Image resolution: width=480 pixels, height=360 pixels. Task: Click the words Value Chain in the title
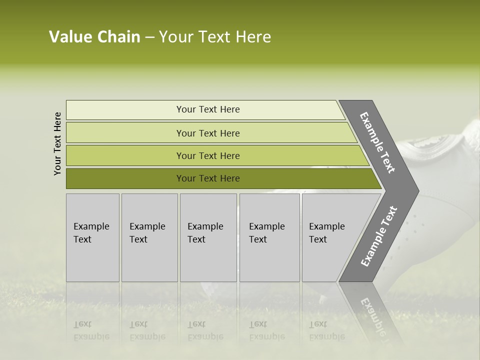point(94,37)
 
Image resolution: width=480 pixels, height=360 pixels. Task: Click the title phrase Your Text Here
point(215,37)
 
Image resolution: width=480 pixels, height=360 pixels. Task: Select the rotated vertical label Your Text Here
point(57,143)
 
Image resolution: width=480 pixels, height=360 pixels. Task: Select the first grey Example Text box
point(92,237)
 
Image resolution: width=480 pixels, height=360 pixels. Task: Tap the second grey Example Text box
point(149,237)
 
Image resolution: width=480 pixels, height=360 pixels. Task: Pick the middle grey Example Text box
point(208,237)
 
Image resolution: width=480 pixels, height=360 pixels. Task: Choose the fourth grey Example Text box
point(269,237)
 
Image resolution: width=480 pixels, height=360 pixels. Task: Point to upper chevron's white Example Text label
point(377,142)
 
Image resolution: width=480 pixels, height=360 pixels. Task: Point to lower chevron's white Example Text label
point(378,236)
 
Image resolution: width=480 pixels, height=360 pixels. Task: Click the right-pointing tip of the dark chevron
point(416,190)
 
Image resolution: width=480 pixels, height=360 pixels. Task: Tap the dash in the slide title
point(149,37)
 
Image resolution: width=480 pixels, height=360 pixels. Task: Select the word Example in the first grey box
point(91,226)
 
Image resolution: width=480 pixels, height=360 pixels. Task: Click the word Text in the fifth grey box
point(317,239)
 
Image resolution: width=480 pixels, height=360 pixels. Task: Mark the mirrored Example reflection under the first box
point(91,336)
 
